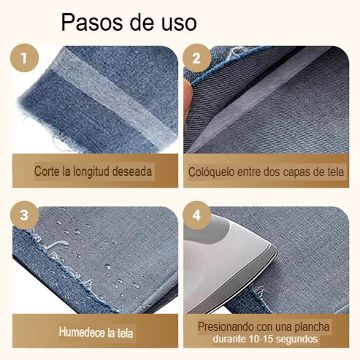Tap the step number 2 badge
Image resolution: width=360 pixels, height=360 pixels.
tap(196, 59)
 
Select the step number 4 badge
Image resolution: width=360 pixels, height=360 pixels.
tap(196, 215)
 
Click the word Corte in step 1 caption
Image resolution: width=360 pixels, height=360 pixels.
tap(47, 172)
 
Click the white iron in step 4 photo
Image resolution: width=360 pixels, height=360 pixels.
tap(226, 263)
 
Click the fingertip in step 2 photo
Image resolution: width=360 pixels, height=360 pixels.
tap(188, 95)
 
